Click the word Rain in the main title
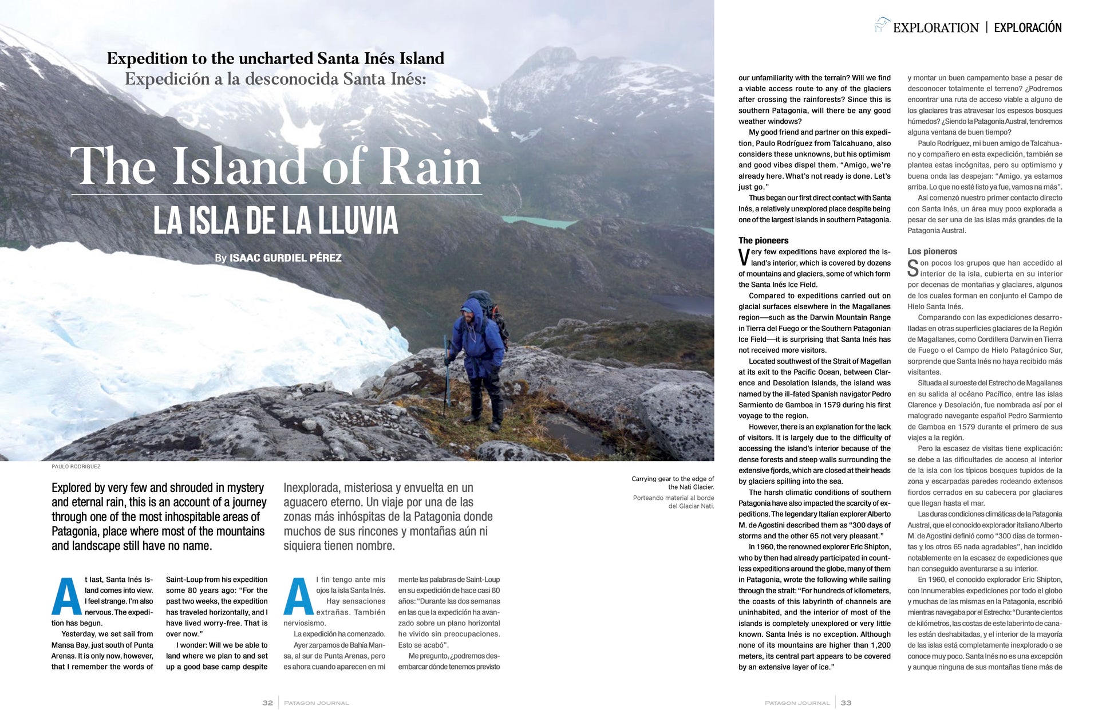[430, 167]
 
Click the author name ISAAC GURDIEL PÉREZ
[285, 258]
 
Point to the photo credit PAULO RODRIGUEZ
[76, 467]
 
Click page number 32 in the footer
[267, 703]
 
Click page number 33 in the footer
[846, 703]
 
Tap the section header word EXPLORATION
[935, 27]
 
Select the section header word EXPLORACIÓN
[1028, 27]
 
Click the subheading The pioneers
[763, 241]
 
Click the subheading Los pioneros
[932, 251]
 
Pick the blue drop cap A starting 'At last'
[66, 596]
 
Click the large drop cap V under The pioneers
[744, 258]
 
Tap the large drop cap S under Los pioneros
[913, 269]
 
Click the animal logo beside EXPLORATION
[882, 25]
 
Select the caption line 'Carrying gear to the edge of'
[673, 479]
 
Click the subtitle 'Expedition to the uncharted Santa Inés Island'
[275, 58]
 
